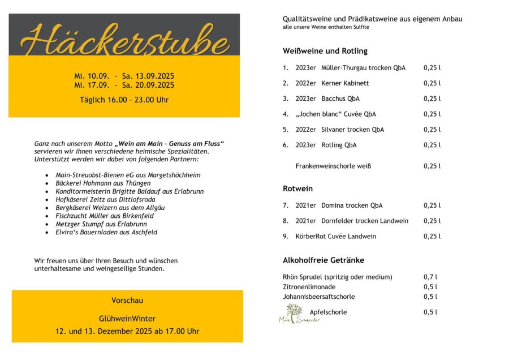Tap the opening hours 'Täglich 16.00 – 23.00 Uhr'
[x=124, y=100]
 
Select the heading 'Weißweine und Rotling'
[x=325, y=51]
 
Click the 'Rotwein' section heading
[x=297, y=188]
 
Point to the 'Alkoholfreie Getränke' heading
[x=323, y=260]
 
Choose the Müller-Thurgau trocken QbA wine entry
[x=351, y=68]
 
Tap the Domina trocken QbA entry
[x=339, y=205]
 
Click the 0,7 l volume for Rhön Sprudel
[x=430, y=277]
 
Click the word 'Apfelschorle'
[x=328, y=312]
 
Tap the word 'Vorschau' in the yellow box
[x=127, y=300]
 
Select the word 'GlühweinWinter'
[x=127, y=319]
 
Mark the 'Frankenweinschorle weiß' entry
[x=333, y=166]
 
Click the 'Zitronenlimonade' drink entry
[x=309, y=287]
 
